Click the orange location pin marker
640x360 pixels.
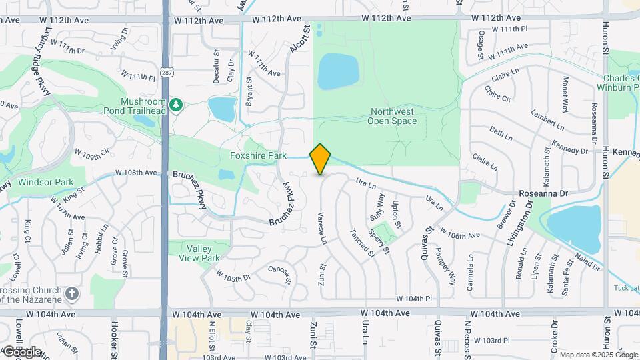pos(321,159)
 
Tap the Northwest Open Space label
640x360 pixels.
pos(392,116)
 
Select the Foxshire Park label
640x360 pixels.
pos(258,155)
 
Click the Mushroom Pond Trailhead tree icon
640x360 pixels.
pos(176,104)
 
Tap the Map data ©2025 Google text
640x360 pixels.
pos(599,355)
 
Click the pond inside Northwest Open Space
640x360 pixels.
pos(338,72)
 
